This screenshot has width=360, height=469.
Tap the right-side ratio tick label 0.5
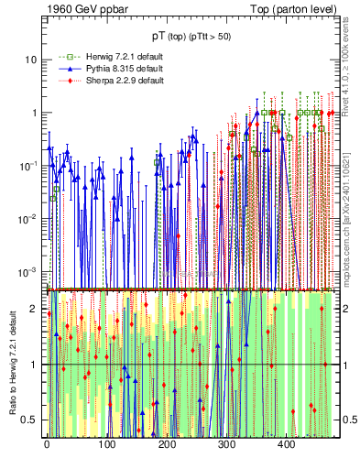point(348,420)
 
